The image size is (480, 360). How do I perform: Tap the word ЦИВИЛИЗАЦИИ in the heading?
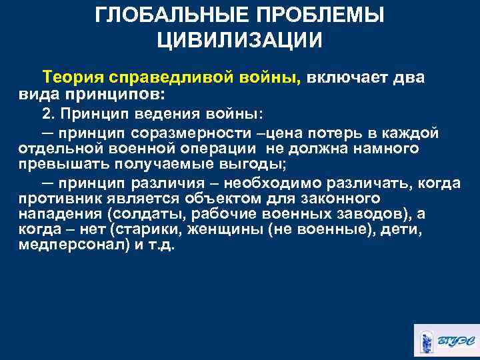240,40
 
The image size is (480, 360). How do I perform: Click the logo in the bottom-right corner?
445,340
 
